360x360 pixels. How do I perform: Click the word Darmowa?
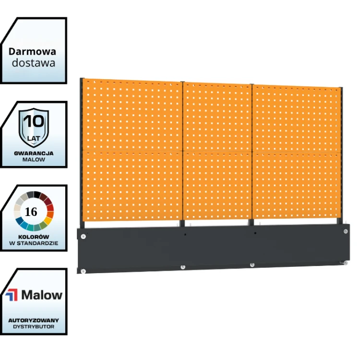tap(32, 51)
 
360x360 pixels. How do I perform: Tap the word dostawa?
tap(34, 63)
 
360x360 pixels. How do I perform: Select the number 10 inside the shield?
tap(34, 121)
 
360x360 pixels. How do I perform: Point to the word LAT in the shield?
tap(34, 138)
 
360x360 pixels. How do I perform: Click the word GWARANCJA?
tap(34, 153)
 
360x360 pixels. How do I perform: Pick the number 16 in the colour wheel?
tap(31, 212)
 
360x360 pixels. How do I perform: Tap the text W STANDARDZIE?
tap(34, 243)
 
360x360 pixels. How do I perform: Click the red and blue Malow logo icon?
tap(12, 295)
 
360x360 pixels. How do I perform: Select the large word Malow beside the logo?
tap(42, 295)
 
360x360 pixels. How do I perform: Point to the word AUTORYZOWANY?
tap(34, 320)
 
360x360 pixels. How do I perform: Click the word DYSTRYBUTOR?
tap(34, 326)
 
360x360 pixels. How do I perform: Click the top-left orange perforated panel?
tap(132, 115)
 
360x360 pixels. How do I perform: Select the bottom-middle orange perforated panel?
tap(217, 186)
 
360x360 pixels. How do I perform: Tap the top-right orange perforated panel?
tap(296, 119)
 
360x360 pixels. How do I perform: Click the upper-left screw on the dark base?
tap(84, 236)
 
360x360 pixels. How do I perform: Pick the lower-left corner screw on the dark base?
tap(83, 271)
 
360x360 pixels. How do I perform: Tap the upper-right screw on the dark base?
tap(346, 231)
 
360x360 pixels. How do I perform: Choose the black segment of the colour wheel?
tap(37, 195)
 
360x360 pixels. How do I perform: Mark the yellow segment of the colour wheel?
tap(48, 220)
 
